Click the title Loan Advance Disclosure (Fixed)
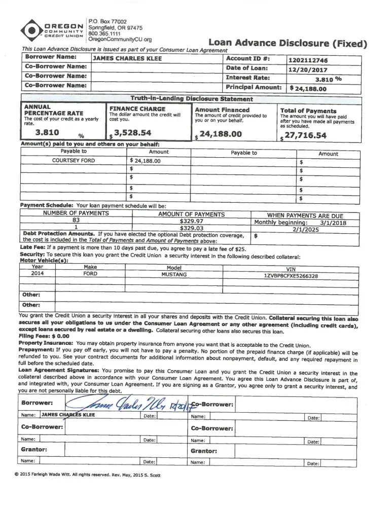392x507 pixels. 288,43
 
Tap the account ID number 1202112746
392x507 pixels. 308,60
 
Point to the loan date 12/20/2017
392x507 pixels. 308,70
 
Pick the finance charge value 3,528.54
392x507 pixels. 132,133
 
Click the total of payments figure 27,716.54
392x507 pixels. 306,135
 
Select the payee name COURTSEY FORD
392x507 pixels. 74,160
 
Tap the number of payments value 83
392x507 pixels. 76,221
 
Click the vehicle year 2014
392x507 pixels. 38,274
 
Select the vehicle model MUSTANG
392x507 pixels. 174,274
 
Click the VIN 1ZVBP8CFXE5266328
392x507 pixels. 291,276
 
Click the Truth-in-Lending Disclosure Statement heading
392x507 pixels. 191,98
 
